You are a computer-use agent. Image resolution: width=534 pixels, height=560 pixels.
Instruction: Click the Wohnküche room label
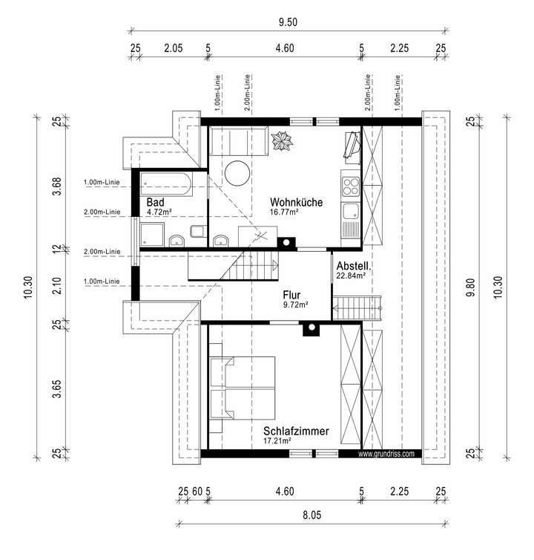click(x=296, y=202)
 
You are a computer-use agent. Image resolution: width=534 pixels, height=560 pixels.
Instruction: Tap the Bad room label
click(x=155, y=202)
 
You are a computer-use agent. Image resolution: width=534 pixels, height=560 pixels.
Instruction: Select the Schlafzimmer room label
click(x=296, y=431)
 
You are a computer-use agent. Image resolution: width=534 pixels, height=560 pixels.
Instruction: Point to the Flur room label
click(x=291, y=295)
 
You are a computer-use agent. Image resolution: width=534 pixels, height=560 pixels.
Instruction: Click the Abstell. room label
click(x=354, y=266)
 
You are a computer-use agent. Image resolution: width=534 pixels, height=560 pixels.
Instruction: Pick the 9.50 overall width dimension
click(x=288, y=22)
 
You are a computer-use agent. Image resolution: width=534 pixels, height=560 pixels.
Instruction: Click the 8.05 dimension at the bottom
click(x=311, y=515)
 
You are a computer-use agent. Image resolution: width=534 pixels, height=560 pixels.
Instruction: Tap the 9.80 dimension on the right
click(x=471, y=287)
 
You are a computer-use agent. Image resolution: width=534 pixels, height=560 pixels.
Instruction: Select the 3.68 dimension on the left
click(x=57, y=186)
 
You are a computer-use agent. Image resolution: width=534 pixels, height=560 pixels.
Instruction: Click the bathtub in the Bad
click(x=166, y=184)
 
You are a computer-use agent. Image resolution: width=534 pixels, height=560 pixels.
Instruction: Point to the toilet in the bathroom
click(x=198, y=232)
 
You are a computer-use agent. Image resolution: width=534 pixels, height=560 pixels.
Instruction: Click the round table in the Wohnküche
click(x=237, y=173)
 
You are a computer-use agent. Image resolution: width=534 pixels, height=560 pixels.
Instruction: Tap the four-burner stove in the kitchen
click(x=350, y=186)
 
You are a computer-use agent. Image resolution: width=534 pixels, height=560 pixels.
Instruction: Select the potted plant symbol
click(x=282, y=141)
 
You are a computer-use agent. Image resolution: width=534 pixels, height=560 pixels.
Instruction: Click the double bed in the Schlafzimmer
click(x=243, y=388)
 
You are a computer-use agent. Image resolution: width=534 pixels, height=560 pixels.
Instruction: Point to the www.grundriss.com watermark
click(x=386, y=454)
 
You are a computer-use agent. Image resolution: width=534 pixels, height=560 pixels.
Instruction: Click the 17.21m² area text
click(x=277, y=440)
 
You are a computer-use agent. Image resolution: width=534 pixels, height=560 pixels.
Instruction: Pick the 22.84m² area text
click(x=351, y=276)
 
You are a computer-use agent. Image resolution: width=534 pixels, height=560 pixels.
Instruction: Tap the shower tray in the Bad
click(x=152, y=235)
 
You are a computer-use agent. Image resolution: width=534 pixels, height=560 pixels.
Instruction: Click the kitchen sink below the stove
click(x=350, y=211)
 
